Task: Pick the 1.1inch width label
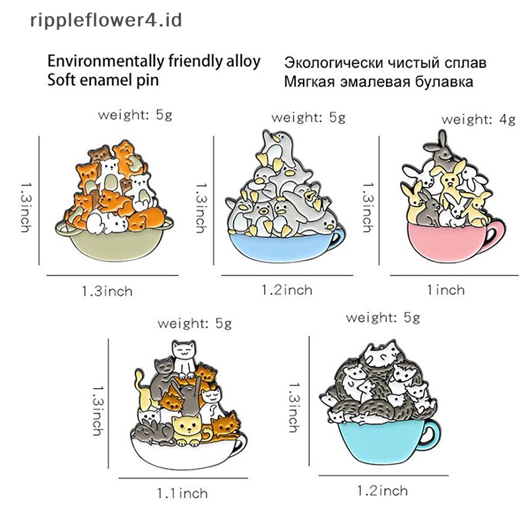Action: point(181,492)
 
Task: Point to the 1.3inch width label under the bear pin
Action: point(107,290)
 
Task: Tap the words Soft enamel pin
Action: point(103,80)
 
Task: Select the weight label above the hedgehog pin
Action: point(383,317)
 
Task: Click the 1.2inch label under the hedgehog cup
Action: point(381,490)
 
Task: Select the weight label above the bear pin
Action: point(135,114)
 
